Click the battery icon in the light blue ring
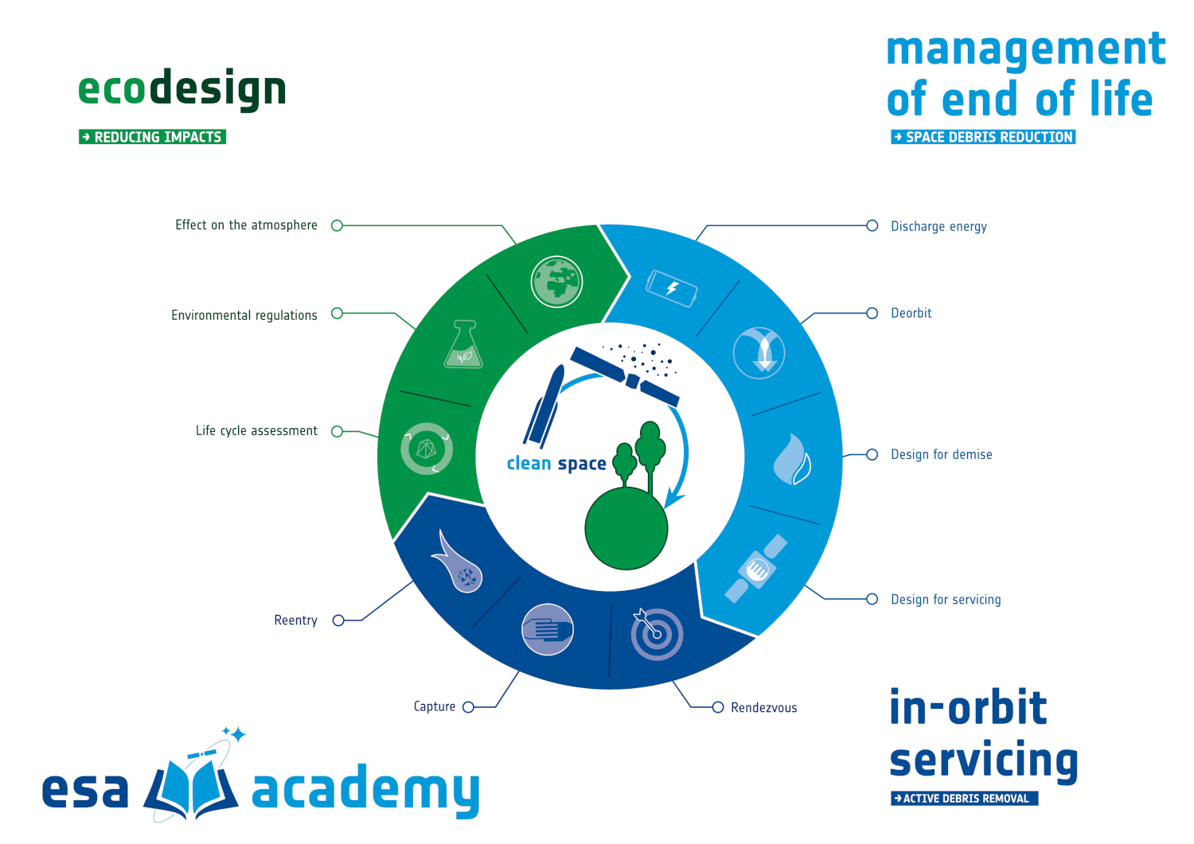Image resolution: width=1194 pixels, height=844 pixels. pyautogui.click(x=672, y=288)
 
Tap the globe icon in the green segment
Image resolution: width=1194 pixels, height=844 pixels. pyautogui.click(x=556, y=282)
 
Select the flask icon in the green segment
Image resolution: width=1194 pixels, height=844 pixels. pyautogui.click(x=463, y=344)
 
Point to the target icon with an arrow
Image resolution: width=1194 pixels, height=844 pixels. pyautogui.click(x=656, y=633)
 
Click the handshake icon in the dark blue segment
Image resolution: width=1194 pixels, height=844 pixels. pyautogui.click(x=548, y=629)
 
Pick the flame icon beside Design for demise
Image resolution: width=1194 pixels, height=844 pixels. pyautogui.click(x=793, y=459)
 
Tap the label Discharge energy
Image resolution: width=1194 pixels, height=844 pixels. pyautogui.click(x=938, y=227)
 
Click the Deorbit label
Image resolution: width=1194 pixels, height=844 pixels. pyautogui.click(x=911, y=313)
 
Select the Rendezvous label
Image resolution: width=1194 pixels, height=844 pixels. pyautogui.click(x=764, y=708)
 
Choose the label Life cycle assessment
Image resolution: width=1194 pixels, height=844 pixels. pyautogui.click(x=256, y=430)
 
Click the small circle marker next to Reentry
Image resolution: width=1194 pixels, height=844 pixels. pyautogui.click(x=338, y=620)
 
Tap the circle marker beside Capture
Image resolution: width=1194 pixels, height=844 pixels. pyautogui.click(x=469, y=707)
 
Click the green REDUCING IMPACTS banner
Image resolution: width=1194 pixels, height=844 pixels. pyautogui.click(x=153, y=137)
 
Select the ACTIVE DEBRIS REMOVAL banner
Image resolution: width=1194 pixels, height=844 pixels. pyautogui.click(x=964, y=799)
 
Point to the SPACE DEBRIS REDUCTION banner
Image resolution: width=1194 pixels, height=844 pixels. pyautogui.click(x=983, y=137)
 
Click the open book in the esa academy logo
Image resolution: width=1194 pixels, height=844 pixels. pyautogui.click(x=191, y=788)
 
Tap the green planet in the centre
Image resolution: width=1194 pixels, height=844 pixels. pyautogui.click(x=626, y=528)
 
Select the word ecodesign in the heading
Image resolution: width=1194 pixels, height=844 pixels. pyautogui.click(x=182, y=89)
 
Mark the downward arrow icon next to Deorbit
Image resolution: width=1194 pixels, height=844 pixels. pyautogui.click(x=759, y=352)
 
